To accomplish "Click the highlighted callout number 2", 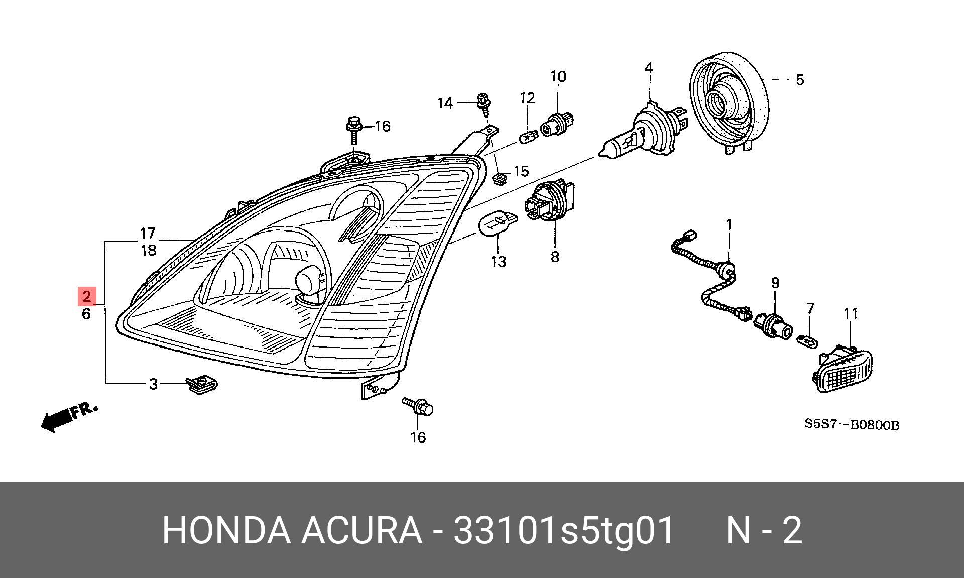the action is [x=87, y=297].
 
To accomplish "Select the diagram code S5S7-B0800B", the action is [x=852, y=425].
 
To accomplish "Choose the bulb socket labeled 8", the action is [x=549, y=202].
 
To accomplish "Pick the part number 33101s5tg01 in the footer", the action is [x=563, y=530].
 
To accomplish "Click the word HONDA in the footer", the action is [x=226, y=530].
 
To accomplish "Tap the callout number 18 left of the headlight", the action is [x=148, y=250].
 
